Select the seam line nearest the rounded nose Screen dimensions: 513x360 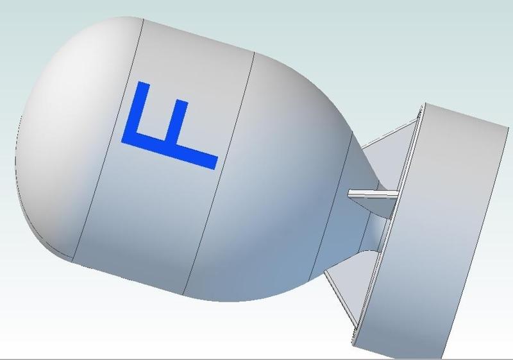(108, 140)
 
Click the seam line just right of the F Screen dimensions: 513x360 (219, 173)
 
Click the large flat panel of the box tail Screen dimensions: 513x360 (435, 229)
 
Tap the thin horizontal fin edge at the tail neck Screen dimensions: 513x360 (373, 194)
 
